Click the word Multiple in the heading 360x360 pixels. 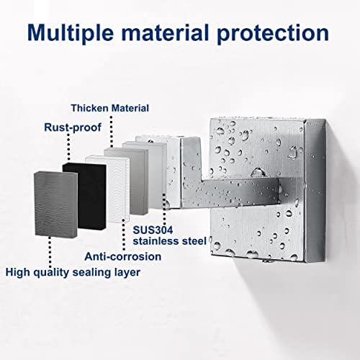click(71, 33)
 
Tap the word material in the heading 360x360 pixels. click(165, 32)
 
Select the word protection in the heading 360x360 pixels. click(273, 34)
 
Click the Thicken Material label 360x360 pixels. click(110, 108)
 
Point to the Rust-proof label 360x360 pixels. click(73, 127)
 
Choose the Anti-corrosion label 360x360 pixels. click(123, 256)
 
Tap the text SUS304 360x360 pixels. click(153, 230)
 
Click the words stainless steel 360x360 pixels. click(170, 241)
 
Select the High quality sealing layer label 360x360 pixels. click(73, 273)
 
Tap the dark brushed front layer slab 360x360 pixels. click(56, 204)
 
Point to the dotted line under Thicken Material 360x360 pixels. click(111, 132)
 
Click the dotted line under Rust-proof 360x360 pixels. click(68, 147)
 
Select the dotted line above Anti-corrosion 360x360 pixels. click(124, 235)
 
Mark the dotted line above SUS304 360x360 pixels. click(164, 209)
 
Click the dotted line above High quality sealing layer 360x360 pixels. click(50, 251)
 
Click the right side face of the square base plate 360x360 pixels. click(315, 191)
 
